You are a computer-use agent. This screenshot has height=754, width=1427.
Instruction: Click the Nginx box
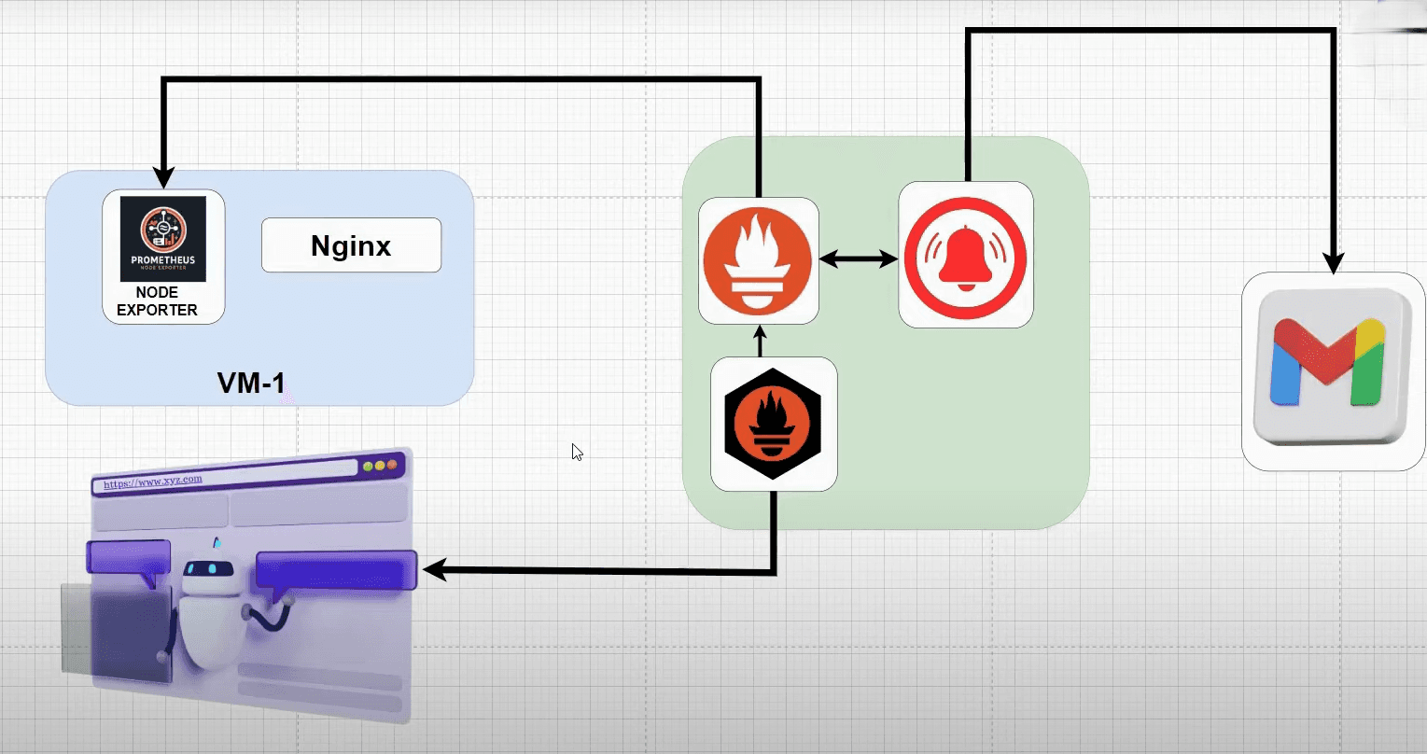pos(351,245)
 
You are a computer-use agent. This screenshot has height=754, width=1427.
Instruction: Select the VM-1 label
pos(251,383)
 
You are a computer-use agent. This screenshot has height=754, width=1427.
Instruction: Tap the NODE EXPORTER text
pos(157,301)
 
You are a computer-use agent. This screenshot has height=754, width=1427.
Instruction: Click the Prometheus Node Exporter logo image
pos(163,238)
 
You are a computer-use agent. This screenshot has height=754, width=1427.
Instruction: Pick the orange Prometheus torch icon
pos(759,260)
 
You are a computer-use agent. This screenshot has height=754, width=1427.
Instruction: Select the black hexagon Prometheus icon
pos(774,424)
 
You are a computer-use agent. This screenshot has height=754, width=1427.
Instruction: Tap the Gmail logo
pos(1333,364)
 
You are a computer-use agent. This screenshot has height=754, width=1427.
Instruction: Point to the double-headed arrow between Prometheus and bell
pos(859,260)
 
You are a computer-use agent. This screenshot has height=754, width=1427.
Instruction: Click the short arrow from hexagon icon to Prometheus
pos(759,341)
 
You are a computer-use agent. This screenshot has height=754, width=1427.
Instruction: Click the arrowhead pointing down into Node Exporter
pos(164,178)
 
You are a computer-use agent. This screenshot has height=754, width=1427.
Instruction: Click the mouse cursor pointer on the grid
pos(577,452)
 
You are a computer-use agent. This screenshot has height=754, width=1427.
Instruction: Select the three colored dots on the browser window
pos(380,465)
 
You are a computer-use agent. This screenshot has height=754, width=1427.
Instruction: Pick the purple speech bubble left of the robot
pos(129,557)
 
